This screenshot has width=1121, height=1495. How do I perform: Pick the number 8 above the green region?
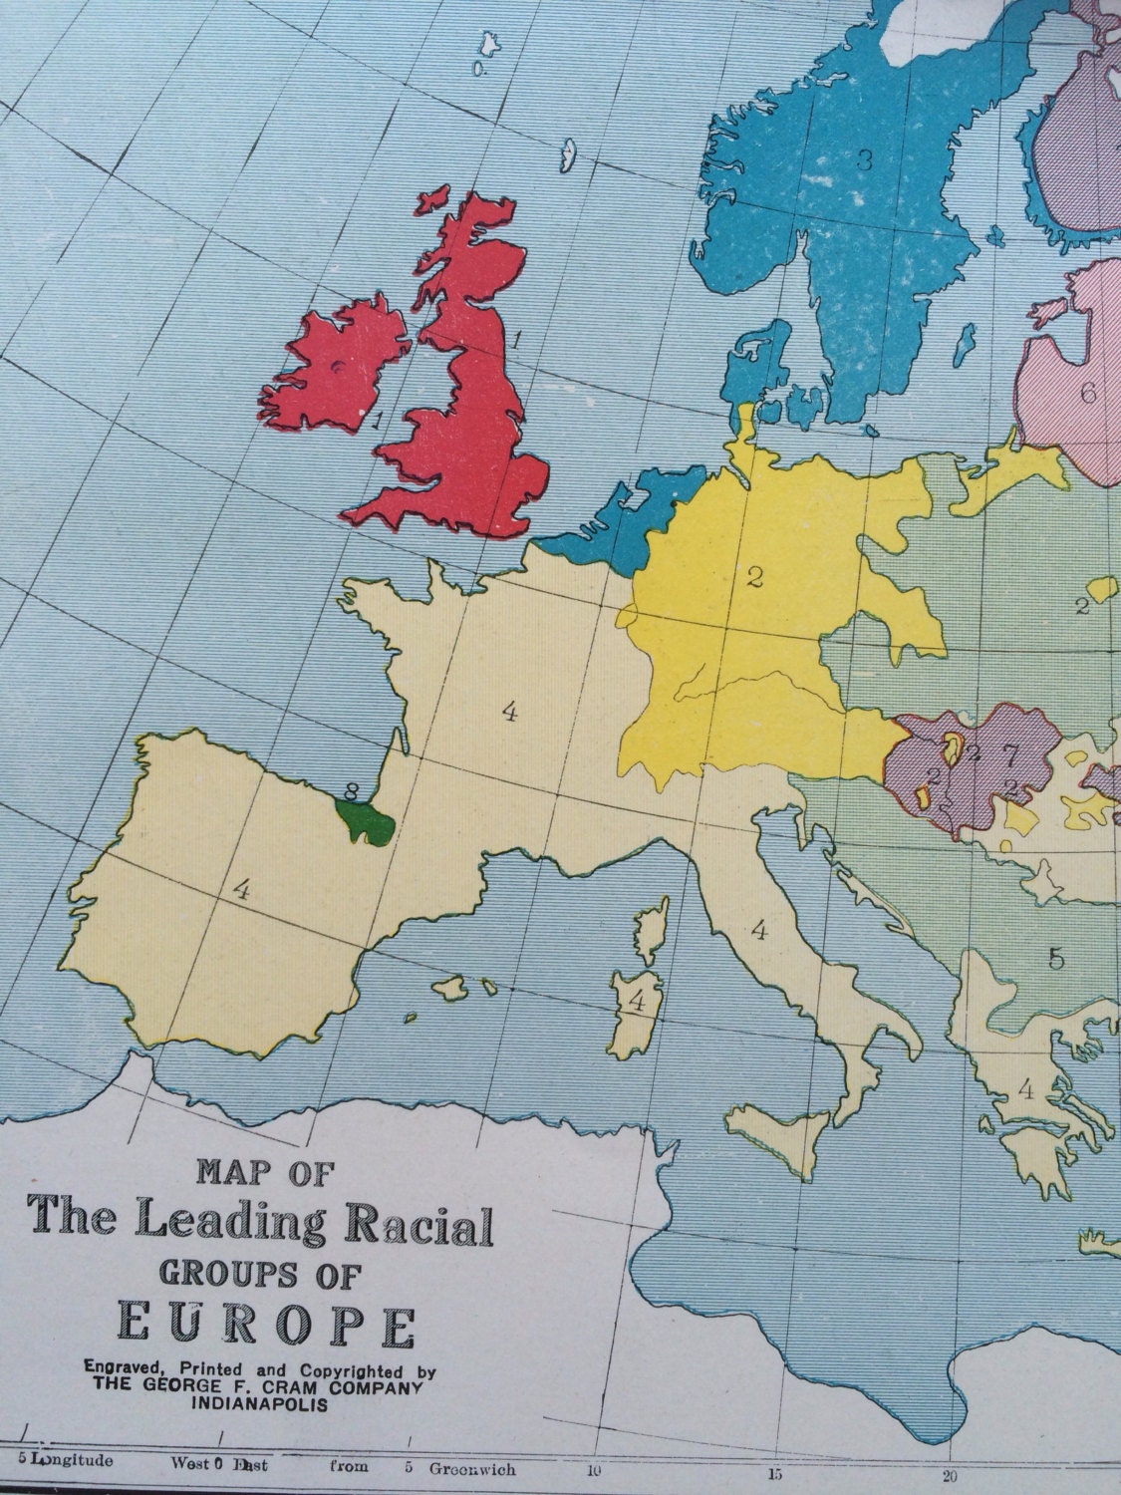point(349,791)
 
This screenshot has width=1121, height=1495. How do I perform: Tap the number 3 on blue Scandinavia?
point(864,159)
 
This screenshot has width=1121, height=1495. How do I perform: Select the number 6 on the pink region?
point(1087,392)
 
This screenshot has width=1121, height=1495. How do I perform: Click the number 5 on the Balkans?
point(1056,959)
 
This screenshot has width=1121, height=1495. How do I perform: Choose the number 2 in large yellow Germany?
point(754,576)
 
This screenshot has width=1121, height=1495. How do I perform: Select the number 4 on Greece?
point(1025,1091)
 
